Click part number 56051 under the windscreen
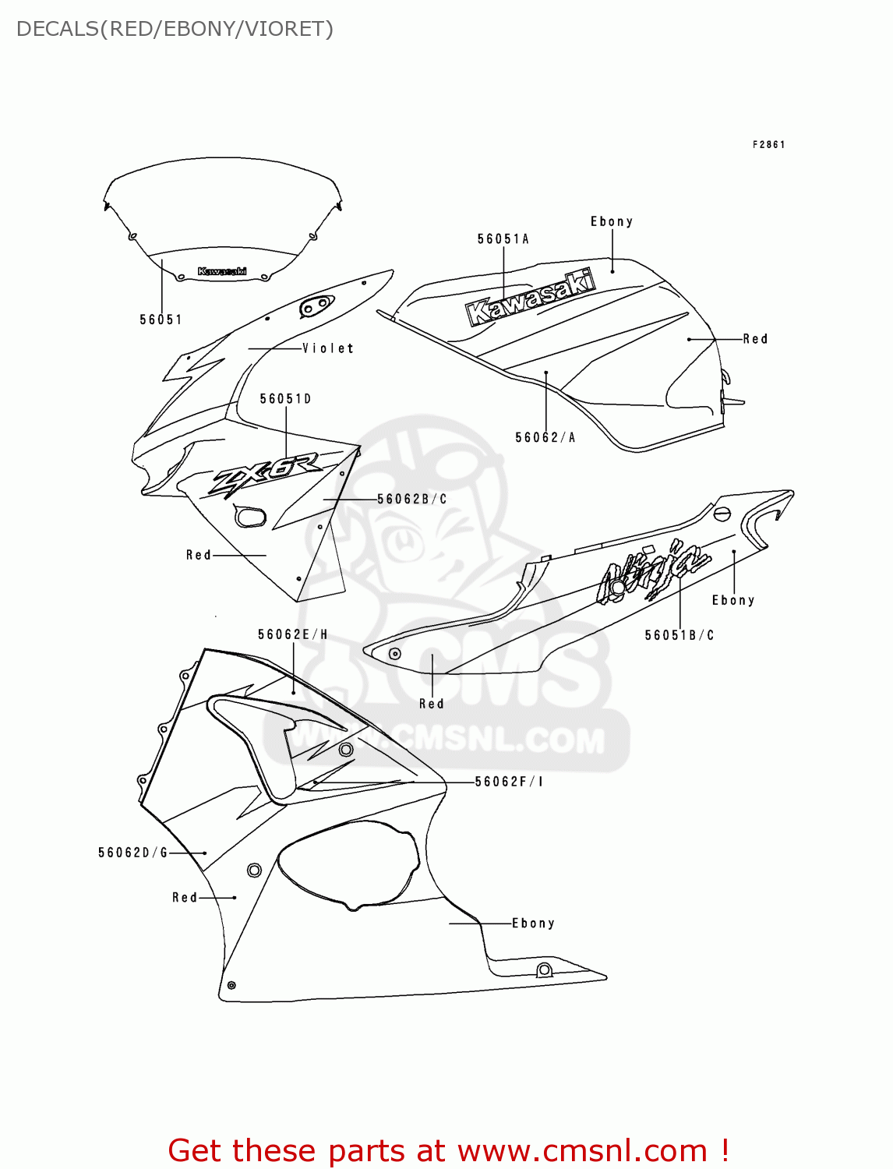click(x=161, y=320)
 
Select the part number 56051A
click(x=503, y=239)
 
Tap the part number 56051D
click(x=285, y=399)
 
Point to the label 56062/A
click(x=545, y=438)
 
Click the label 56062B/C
click(x=412, y=499)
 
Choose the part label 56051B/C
click(x=679, y=635)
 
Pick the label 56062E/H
click(x=292, y=634)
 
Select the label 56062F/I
click(x=509, y=782)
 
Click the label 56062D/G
click(x=132, y=853)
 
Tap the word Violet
click(x=328, y=348)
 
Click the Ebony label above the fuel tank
click(x=612, y=221)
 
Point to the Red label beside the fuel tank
click(x=755, y=339)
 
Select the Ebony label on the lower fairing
click(x=533, y=924)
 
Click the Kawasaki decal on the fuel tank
click(x=531, y=297)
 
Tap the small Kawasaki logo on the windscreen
click(x=222, y=271)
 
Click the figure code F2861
click(x=768, y=144)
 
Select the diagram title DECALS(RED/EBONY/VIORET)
click(x=175, y=29)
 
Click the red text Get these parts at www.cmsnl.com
click(x=448, y=1150)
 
